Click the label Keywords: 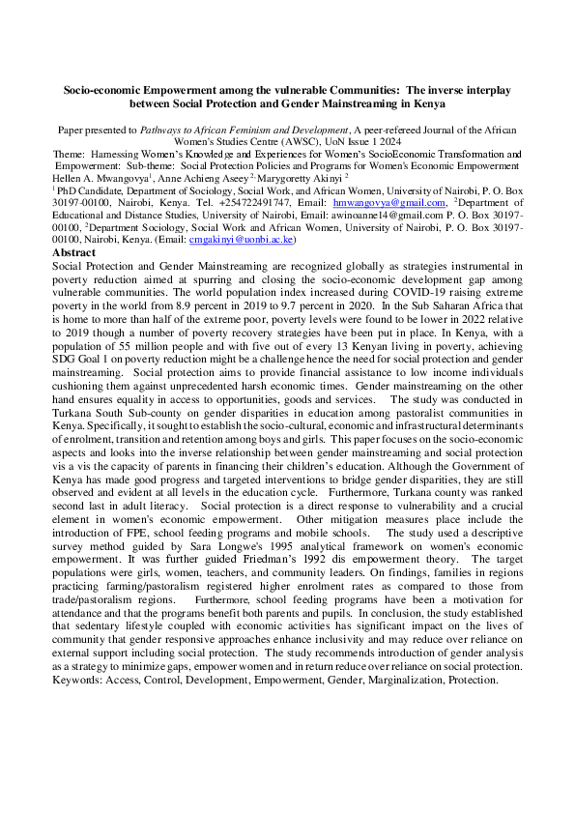click(x=80, y=680)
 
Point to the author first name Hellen click(x=69, y=178)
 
